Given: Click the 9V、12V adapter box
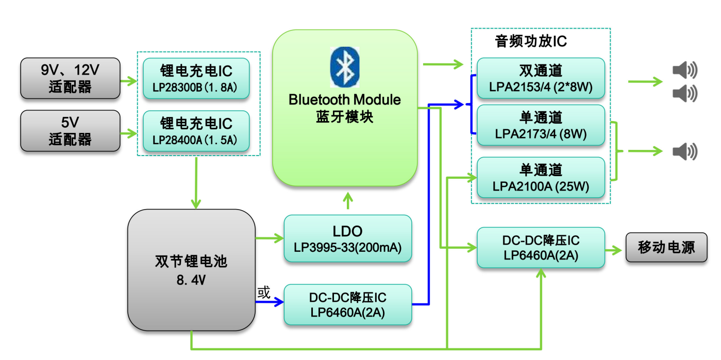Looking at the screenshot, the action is (70, 78).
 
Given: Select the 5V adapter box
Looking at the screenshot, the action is (70, 131).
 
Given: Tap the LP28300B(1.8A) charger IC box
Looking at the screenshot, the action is (196, 78).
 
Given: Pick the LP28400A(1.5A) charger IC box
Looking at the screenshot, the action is (196, 131).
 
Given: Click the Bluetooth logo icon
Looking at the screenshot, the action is (345, 67).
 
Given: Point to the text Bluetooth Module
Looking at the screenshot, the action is (345, 100).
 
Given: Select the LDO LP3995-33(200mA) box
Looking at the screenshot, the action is (348, 238).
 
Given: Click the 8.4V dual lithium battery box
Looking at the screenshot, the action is (192, 270).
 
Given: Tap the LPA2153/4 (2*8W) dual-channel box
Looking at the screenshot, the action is (541, 78).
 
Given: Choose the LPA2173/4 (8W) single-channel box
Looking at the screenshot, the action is (541, 125).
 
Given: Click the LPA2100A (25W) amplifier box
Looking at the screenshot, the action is (541, 177).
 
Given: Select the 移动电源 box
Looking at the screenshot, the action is (666, 247).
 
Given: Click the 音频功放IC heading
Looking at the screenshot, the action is (531, 41).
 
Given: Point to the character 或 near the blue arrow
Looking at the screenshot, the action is (264, 293).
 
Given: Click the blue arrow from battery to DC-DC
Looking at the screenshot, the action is (270, 302).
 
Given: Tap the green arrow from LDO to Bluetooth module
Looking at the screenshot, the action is (348, 200).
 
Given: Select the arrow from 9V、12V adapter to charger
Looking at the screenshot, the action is (128, 81).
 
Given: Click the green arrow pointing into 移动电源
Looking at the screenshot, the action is (613, 250).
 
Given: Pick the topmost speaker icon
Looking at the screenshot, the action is (685, 70).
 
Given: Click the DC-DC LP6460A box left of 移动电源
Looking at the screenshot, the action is (541, 247).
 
